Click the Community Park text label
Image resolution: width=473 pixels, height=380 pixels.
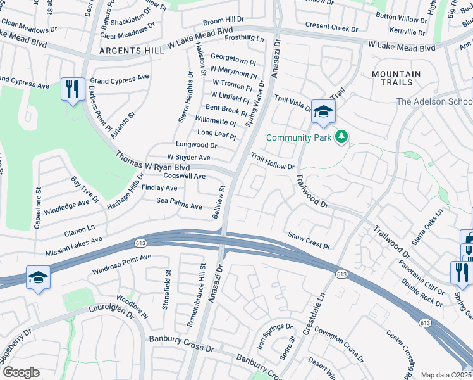(300, 137)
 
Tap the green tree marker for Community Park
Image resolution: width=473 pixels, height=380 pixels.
(341, 137)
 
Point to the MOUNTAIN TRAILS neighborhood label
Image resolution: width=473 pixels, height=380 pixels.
(396, 79)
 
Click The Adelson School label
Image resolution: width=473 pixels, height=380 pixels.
(434, 101)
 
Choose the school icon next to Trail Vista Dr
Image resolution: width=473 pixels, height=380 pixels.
(323, 113)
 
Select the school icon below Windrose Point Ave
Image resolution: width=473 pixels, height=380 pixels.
(38, 278)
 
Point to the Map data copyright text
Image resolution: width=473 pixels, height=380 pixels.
(446, 375)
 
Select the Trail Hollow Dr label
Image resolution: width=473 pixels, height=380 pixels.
(273, 161)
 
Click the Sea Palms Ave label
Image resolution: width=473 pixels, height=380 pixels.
(179, 203)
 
